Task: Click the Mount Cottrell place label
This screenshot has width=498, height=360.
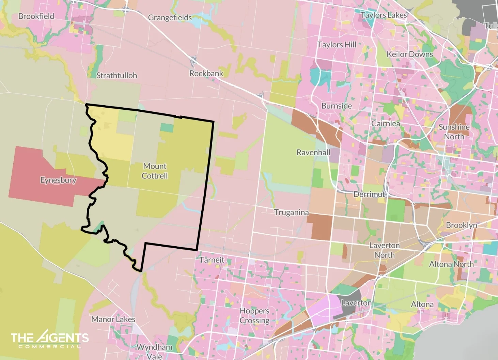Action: point(155,171)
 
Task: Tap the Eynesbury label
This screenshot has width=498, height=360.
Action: point(58,180)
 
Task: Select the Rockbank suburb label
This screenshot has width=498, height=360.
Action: point(206,73)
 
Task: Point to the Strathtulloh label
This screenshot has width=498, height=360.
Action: point(116,75)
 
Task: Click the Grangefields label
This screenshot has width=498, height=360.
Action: point(170,17)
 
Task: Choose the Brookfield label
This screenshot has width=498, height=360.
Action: point(36,16)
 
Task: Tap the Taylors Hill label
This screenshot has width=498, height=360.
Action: point(337,45)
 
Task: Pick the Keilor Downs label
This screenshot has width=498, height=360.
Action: point(409,54)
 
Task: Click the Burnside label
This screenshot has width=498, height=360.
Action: point(337,106)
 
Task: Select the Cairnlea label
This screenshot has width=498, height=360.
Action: point(385,123)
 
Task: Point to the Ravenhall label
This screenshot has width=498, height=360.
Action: point(313,152)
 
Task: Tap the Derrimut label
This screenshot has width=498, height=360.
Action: point(369,194)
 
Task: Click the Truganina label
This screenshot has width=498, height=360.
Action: point(291,212)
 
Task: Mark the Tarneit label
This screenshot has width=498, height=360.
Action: point(212,260)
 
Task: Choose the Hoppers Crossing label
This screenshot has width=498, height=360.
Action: point(254,315)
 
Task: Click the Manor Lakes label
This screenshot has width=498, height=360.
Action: point(113,319)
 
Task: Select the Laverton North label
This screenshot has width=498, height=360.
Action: point(384,250)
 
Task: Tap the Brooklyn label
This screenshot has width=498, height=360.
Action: point(461,225)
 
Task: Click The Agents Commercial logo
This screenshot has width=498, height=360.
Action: point(50,340)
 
